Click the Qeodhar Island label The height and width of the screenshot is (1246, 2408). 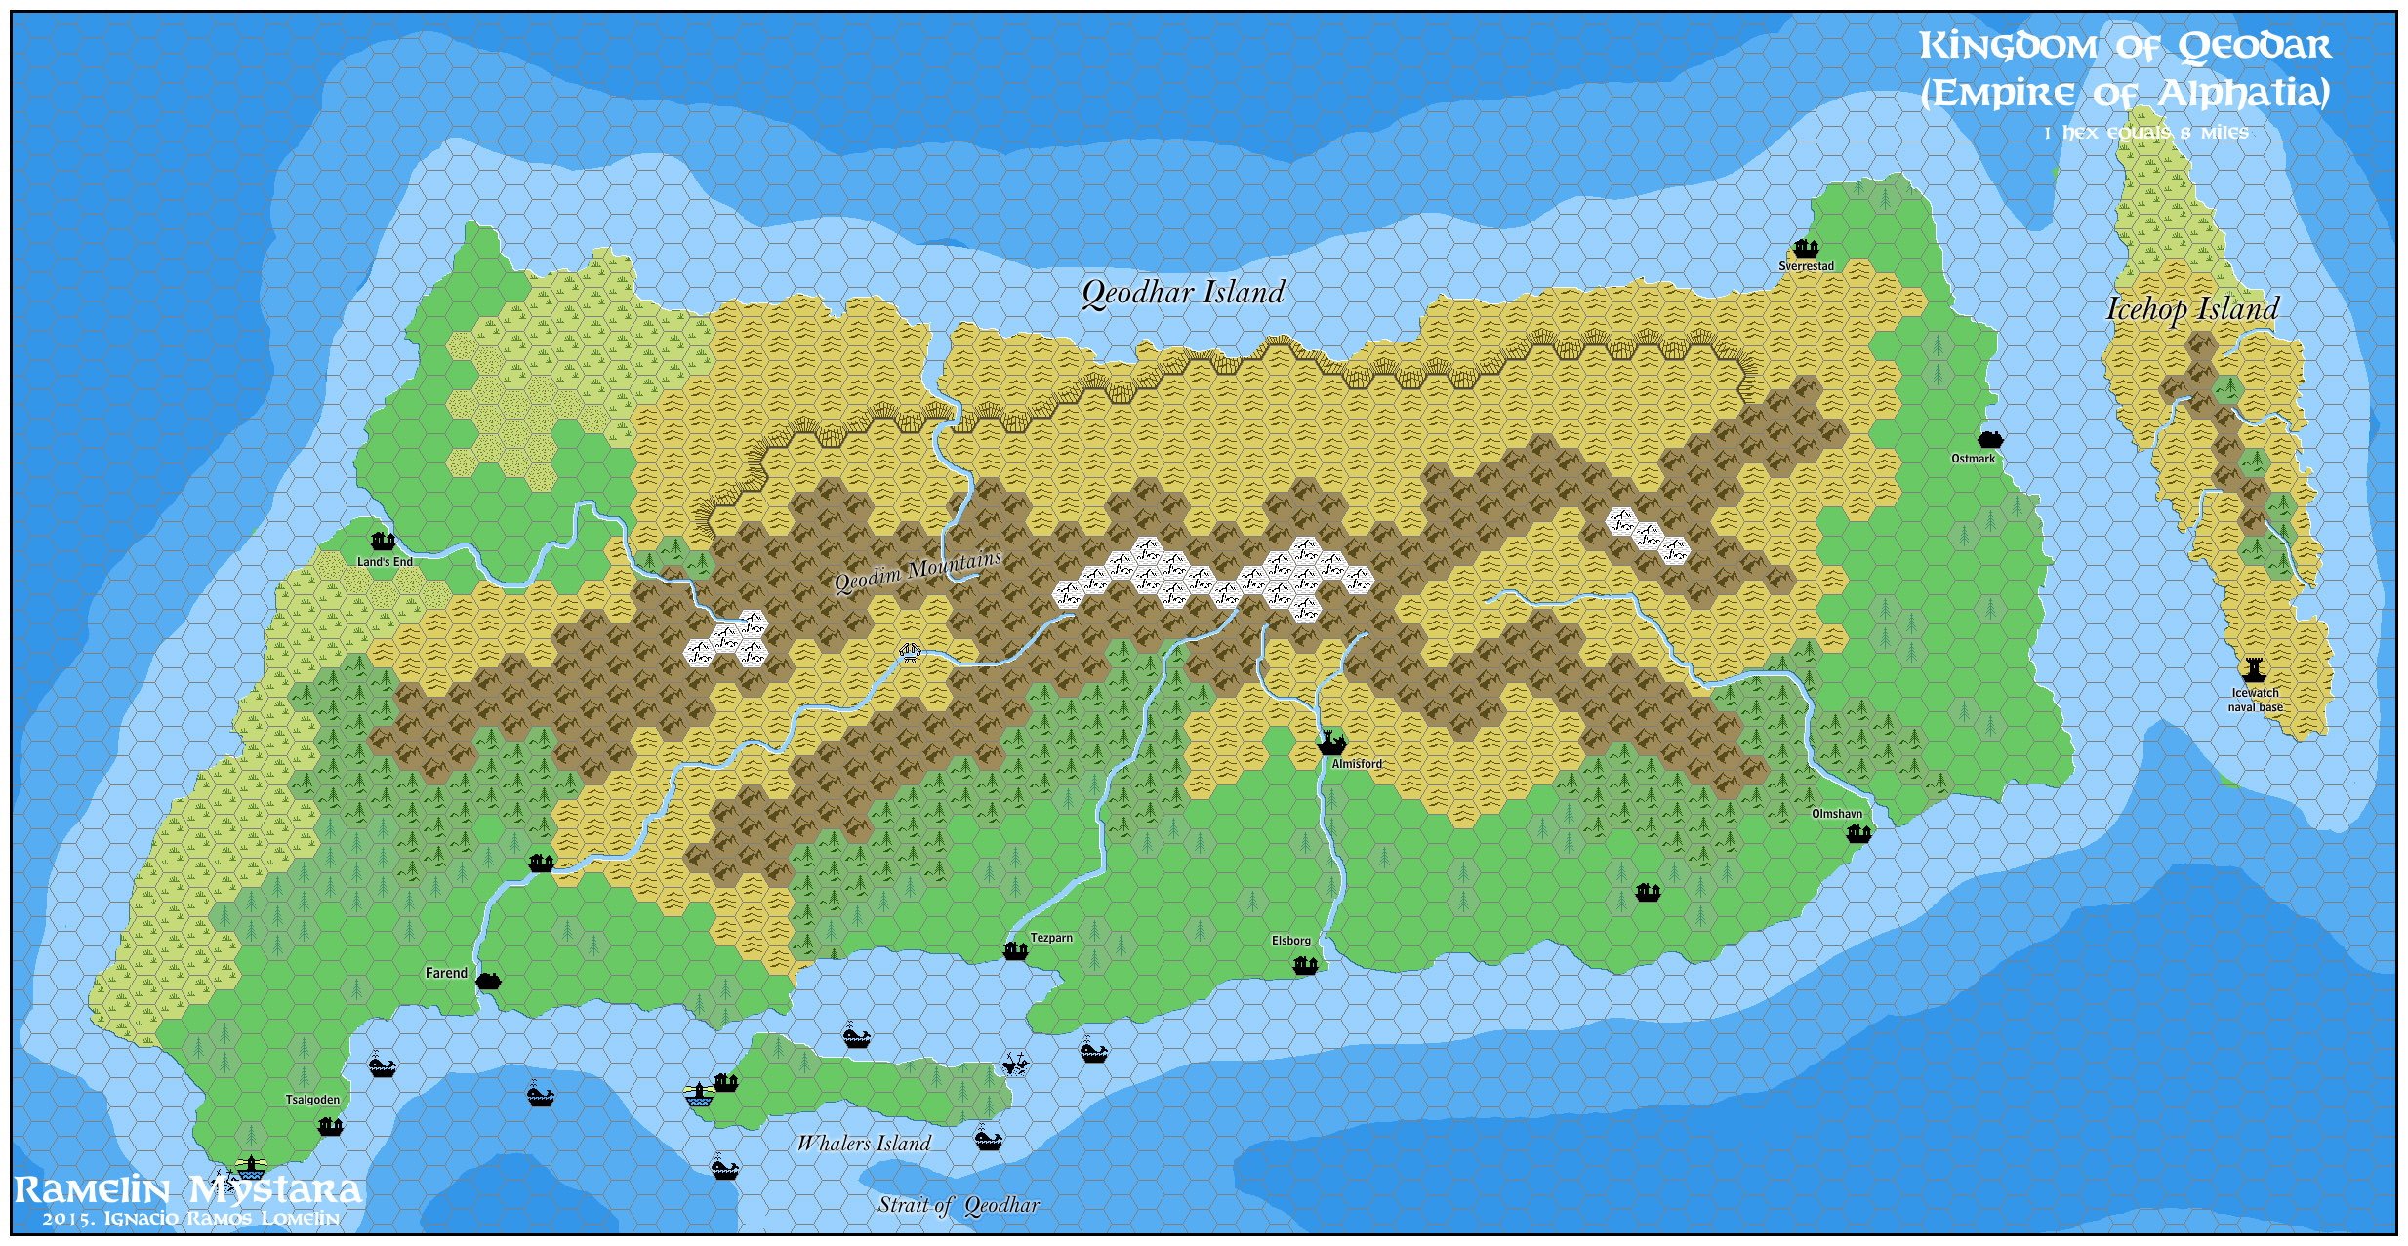pyautogui.click(x=1183, y=293)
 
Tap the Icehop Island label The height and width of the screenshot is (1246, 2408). pyautogui.click(x=2192, y=309)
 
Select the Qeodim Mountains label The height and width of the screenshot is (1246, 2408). pyautogui.click(x=918, y=572)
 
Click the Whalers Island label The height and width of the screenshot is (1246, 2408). pyautogui.click(x=864, y=1144)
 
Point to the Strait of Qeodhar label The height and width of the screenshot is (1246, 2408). pyautogui.click(x=959, y=1205)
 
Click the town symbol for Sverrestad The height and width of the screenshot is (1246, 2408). pyautogui.click(x=1806, y=248)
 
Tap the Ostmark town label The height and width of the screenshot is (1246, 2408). pyautogui.click(x=1973, y=459)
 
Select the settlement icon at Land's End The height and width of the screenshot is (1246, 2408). pyautogui.click(x=383, y=541)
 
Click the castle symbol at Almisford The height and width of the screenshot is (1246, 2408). pyautogui.click(x=1330, y=742)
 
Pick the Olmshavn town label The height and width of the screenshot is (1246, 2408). pyautogui.click(x=1837, y=814)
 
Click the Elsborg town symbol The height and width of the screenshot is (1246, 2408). pyautogui.click(x=1305, y=965)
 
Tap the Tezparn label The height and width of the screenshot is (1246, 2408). pyautogui.click(x=1051, y=938)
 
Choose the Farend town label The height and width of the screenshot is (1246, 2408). pyautogui.click(x=446, y=973)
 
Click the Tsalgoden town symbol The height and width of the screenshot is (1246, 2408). pyautogui.click(x=330, y=1127)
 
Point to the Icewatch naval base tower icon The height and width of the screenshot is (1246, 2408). pyautogui.click(x=2253, y=670)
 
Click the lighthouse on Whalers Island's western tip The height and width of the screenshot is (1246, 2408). pyautogui.click(x=698, y=1094)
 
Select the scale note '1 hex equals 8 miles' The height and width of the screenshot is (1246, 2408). pyautogui.click(x=2145, y=133)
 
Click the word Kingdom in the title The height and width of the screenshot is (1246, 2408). pyautogui.click(x=2009, y=46)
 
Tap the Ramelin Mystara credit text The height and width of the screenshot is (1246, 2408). pyautogui.click(x=187, y=1190)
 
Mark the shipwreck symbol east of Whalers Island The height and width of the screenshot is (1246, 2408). pyautogui.click(x=1015, y=1064)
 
